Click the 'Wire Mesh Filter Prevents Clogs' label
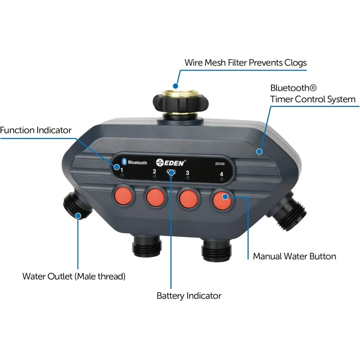[246, 62]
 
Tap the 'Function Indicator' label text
[36, 130]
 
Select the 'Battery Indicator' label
[189, 296]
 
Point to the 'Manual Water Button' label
[294, 256]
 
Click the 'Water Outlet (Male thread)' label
[74, 276]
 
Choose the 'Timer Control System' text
[313, 99]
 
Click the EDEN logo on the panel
[171, 163]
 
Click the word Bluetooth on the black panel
[138, 163]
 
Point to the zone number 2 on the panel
[154, 171]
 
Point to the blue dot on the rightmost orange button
[225, 197]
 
